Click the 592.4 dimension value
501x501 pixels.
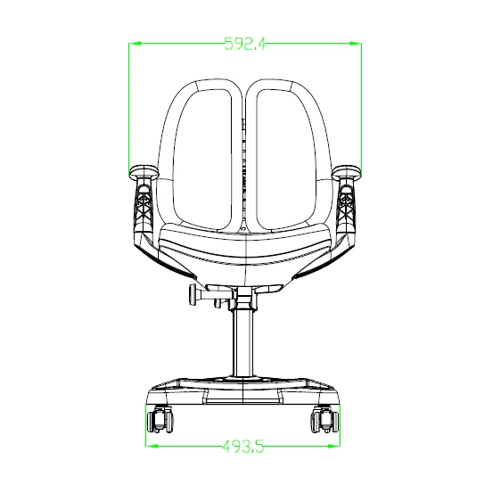[245, 44]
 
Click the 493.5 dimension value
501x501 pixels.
[243, 446]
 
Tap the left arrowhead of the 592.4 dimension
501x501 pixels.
[135, 43]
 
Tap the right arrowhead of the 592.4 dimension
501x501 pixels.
[356, 43]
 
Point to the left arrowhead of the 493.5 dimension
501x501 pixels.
[152, 446]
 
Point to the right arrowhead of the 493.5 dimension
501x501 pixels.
[334, 446]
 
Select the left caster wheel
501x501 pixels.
[160, 420]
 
